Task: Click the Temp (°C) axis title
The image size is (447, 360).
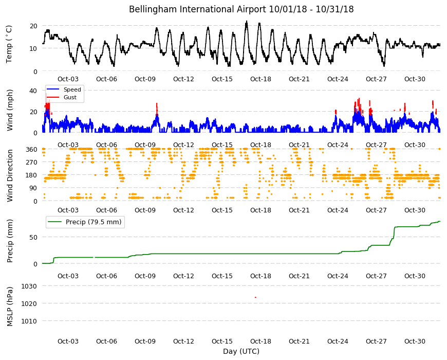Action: [9, 44]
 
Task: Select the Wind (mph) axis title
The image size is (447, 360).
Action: [10, 110]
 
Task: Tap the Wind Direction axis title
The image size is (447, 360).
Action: [10, 175]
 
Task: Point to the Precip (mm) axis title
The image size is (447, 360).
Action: [10, 241]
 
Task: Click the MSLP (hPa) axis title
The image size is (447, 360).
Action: [10, 306]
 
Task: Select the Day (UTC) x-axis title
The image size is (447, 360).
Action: [241, 351]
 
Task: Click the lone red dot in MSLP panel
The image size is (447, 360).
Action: [255, 297]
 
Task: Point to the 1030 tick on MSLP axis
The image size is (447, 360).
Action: [29, 286]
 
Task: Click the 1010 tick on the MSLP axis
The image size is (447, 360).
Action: [29, 321]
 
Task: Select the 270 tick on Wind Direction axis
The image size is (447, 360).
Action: [31, 163]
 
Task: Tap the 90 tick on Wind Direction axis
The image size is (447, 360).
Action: [33, 188]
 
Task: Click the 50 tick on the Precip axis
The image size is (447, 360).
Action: [33, 237]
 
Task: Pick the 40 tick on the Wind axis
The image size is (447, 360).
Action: [33, 91]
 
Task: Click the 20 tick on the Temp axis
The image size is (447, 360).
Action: [33, 26]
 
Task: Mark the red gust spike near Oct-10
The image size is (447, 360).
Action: [157, 109]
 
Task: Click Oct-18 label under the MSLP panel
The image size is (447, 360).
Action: [260, 341]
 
